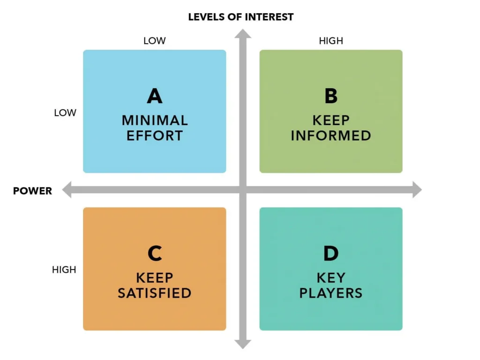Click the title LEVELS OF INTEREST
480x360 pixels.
240,17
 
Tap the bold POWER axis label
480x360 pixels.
32,191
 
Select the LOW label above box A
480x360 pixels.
154,41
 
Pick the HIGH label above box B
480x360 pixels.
331,41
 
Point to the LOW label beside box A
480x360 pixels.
65,113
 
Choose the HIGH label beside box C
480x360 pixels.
64,270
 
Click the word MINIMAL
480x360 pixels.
155,120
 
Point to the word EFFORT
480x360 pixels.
155,136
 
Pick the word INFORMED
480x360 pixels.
331,136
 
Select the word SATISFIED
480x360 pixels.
155,293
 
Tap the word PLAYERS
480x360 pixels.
331,293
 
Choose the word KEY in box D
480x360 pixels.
331,277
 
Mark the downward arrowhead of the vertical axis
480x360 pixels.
243,344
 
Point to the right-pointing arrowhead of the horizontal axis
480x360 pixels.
416,189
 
